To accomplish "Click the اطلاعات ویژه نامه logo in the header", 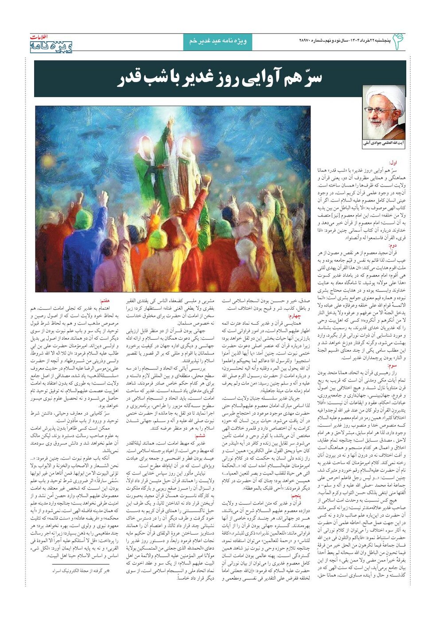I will click(x=51, y=43).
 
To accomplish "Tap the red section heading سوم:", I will click(x=392, y=366).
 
